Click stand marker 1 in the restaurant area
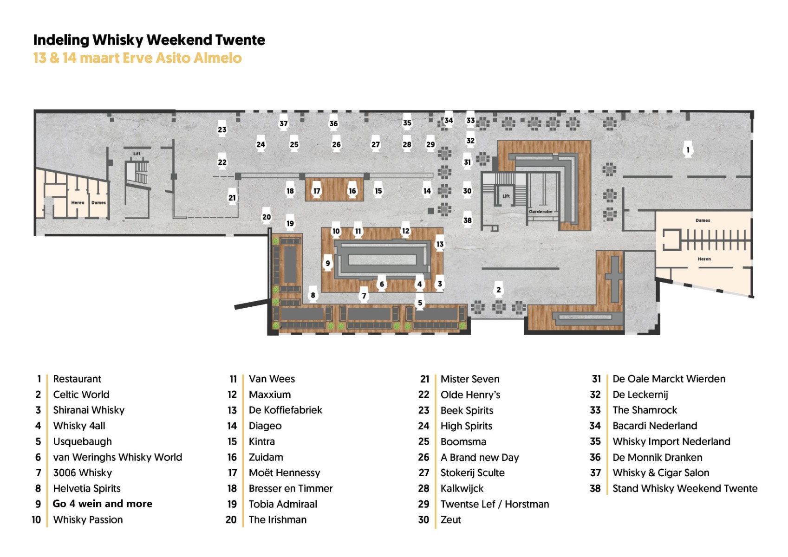pyautogui.click(x=688, y=149)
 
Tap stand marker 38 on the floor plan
pyautogui.click(x=467, y=220)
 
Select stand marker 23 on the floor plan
pyautogui.click(x=222, y=129)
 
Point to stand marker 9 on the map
pyautogui.click(x=327, y=263)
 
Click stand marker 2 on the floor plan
pyautogui.click(x=499, y=289)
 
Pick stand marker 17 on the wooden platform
pyautogui.click(x=317, y=190)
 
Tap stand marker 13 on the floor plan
pyautogui.click(x=440, y=243)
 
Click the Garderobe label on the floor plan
pyautogui.click(x=541, y=211)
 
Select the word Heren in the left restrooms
pyautogui.click(x=78, y=202)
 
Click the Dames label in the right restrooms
pyautogui.click(x=703, y=220)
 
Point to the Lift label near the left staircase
pyautogui.click(x=137, y=154)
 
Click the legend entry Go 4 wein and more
pyautogui.click(x=102, y=504)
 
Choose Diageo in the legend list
pyautogui.click(x=265, y=426)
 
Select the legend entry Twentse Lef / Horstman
pyautogui.click(x=495, y=504)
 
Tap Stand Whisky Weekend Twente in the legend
pyautogui.click(x=684, y=488)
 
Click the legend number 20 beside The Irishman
pyautogui.click(x=231, y=519)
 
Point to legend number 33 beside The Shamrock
pyautogui.click(x=595, y=410)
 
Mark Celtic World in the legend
pyautogui.click(x=81, y=394)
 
